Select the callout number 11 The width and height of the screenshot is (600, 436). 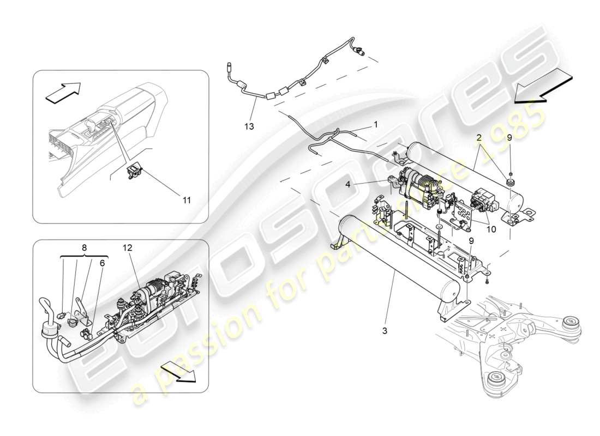(x=187, y=200)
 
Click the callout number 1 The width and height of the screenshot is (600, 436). (x=376, y=124)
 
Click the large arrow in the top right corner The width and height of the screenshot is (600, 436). (x=543, y=89)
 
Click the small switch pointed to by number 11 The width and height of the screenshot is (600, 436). (x=133, y=172)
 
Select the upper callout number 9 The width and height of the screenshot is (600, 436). (x=509, y=138)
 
